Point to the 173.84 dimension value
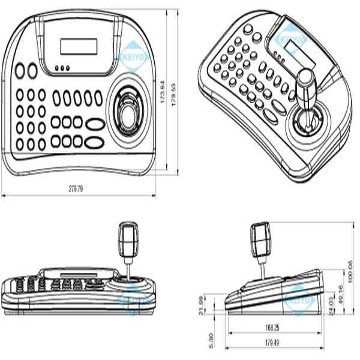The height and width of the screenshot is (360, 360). (162, 95)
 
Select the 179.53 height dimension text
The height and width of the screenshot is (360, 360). (175, 95)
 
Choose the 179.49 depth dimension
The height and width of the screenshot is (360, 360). (273, 343)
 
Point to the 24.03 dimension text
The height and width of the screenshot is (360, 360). (332, 302)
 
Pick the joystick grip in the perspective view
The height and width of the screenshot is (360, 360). (307, 87)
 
